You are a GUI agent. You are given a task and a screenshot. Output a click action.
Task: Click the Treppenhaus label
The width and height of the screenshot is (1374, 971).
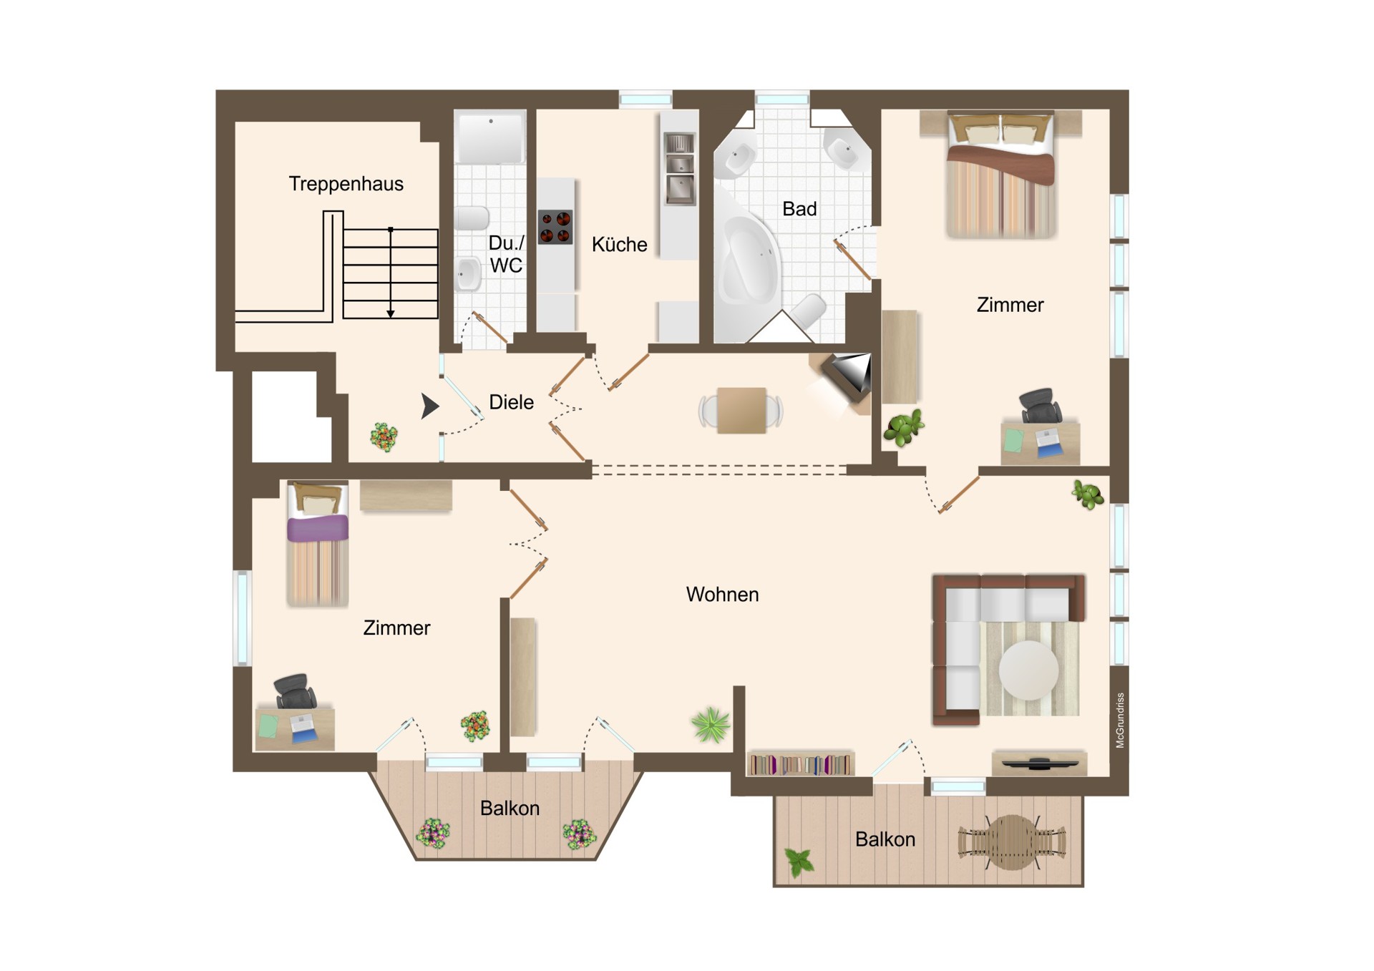[346, 184]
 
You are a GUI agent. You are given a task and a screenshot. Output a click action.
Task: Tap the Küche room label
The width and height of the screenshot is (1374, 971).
[619, 245]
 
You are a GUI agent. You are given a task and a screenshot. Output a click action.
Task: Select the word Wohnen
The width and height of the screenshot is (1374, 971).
[722, 595]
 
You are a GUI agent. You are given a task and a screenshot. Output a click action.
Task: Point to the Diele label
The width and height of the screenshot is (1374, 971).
[511, 402]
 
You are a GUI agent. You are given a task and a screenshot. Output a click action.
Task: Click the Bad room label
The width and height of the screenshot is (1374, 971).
[799, 209]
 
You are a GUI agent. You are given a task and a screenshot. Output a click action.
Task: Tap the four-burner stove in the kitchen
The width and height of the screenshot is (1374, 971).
[555, 227]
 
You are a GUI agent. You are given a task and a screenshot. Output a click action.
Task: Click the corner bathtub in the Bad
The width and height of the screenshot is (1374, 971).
[748, 265]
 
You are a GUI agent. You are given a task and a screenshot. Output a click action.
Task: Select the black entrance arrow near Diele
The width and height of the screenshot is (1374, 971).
[429, 406]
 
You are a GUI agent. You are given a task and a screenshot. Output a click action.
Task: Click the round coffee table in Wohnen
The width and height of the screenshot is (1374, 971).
[1028, 670]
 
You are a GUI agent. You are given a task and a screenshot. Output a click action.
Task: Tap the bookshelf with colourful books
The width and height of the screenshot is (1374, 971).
[800, 764]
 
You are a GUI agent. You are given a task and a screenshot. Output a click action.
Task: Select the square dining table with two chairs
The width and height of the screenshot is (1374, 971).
[741, 410]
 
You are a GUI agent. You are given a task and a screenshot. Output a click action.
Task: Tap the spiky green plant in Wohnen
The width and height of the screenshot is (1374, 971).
[711, 724]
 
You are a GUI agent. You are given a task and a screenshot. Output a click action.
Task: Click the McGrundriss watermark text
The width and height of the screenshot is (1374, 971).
[1120, 721]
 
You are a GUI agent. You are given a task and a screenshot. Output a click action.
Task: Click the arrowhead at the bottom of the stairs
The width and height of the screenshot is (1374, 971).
[391, 313]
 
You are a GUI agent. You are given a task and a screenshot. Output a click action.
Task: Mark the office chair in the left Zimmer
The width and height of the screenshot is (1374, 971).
[295, 691]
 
